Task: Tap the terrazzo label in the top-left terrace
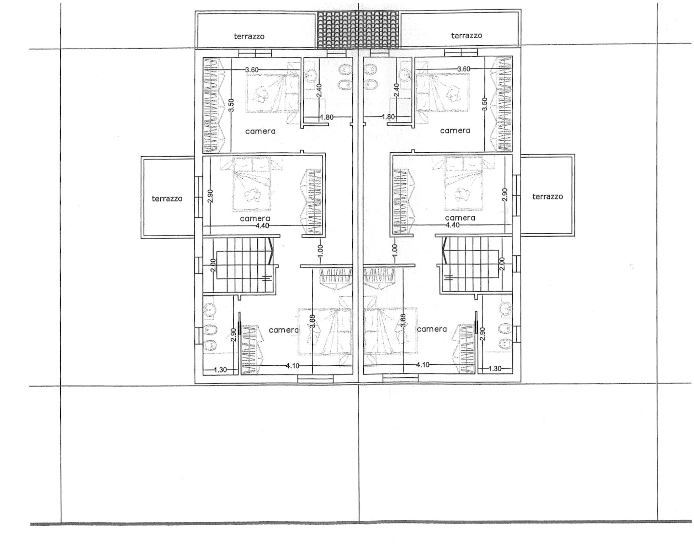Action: coord(249,37)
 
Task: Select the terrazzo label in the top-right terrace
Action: coord(467,36)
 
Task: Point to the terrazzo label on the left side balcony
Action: coord(167,199)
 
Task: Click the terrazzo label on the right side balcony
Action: coord(547,197)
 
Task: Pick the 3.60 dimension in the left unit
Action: coord(252,69)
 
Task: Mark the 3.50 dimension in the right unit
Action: coord(484,104)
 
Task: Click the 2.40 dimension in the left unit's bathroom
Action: coord(319,91)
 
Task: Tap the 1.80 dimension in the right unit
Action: coord(388,117)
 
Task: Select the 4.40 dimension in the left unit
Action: coord(263,226)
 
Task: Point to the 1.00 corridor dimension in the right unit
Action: coord(394,250)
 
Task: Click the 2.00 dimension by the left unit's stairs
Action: coord(214,265)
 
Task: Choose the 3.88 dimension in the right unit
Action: coord(403,321)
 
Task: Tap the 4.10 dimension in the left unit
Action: coord(293,366)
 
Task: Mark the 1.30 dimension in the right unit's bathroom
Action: coord(494,369)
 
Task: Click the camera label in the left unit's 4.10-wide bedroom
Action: coord(283,330)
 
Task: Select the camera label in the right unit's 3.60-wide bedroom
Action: coord(455,131)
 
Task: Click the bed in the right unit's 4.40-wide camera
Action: coord(463,184)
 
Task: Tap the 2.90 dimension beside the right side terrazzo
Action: coord(504,195)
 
